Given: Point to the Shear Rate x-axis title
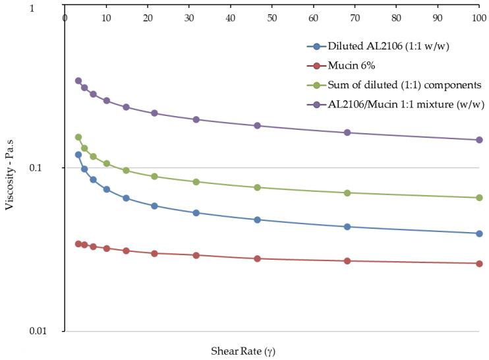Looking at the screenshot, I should (x=244, y=351).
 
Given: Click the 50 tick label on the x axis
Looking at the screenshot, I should (x=272, y=18).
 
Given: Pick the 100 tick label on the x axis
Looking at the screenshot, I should (x=479, y=18).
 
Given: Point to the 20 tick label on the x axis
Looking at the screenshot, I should (x=147, y=18).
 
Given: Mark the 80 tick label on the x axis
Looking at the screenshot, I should (x=396, y=18).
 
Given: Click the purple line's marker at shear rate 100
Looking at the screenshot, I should (x=479, y=140).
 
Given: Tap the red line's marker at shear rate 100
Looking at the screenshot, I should (x=479, y=264).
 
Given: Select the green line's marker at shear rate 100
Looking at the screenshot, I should (x=479, y=198).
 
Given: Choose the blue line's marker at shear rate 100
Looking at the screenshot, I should (x=479, y=233).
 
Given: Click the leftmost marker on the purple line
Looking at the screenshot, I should (x=78, y=80).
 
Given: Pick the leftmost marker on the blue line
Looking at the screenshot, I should (x=78, y=154).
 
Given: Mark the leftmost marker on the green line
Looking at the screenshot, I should (x=78, y=137).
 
